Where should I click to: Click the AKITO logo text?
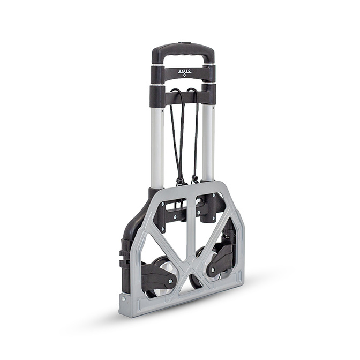tap(184, 71)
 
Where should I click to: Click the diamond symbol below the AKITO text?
tap(185, 74)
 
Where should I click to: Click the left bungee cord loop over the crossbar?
tap(177, 92)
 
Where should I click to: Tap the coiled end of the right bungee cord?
tap(194, 178)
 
